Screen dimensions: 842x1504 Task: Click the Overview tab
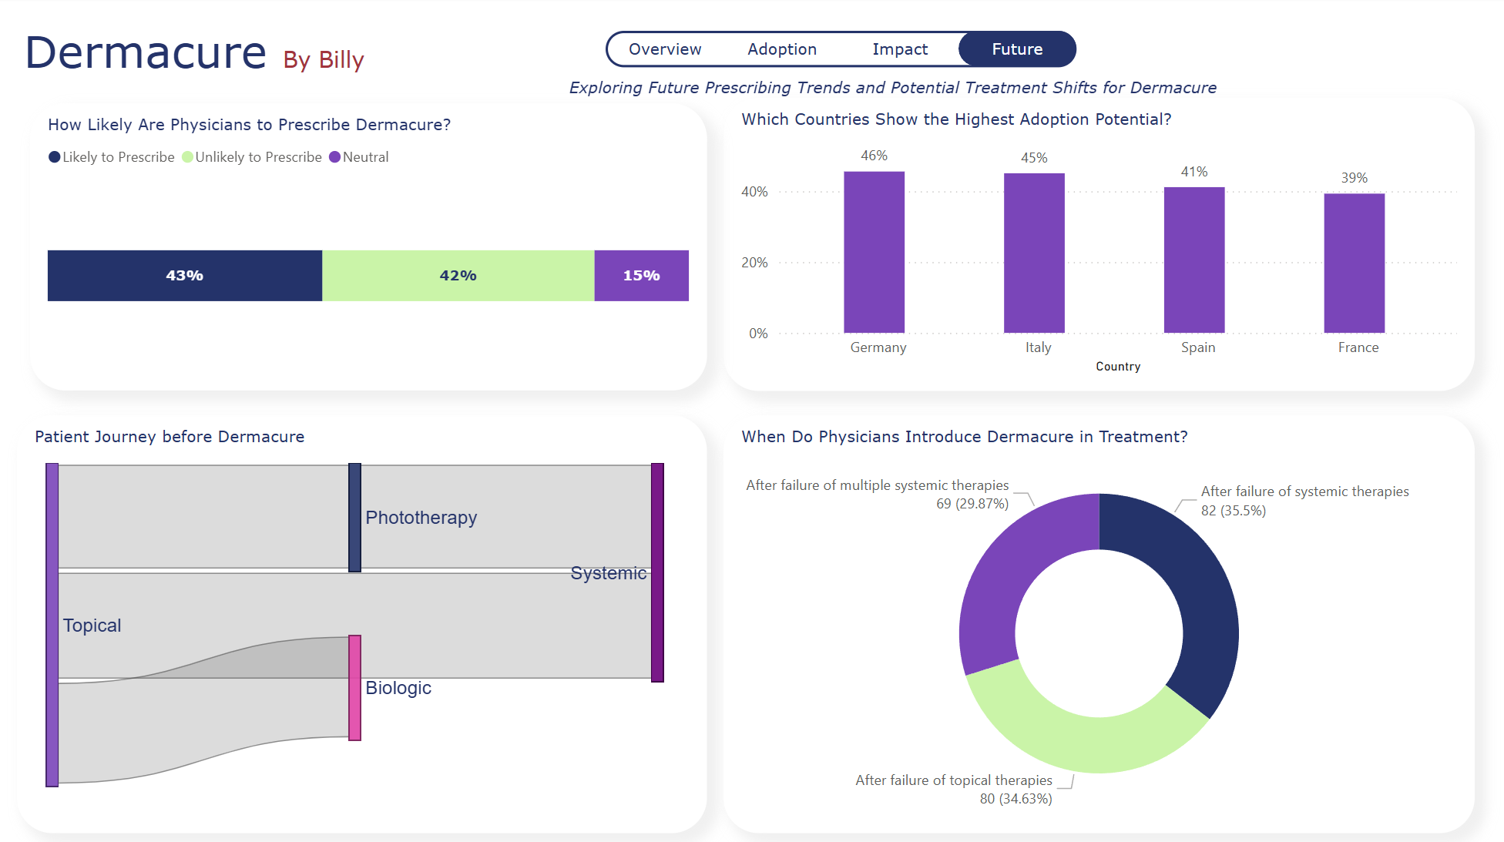pyautogui.click(x=664, y=49)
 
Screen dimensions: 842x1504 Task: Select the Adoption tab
pyautogui.click(x=781, y=49)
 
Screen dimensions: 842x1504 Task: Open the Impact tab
pyautogui.click(x=899, y=49)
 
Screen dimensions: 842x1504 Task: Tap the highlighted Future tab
pyautogui.click(x=1016, y=49)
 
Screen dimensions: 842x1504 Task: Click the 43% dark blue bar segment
pyautogui.click(x=184, y=276)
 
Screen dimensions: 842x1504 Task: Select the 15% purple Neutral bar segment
pyautogui.click(x=641, y=276)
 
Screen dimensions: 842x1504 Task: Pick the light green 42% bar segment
pyautogui.click(x=458, y=276)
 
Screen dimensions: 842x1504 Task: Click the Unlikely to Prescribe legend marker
pyautogui.click(x=187, y=157)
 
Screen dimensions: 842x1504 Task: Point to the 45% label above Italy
pyautogui.click(x=1034, y=158)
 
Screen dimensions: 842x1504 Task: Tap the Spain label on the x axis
pyautogui.click(x=1197, y=347)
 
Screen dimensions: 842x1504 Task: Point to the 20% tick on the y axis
pyautogui.click(x=754, y=263)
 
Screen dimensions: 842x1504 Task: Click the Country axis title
pyautogui.click(x=1117, y=367)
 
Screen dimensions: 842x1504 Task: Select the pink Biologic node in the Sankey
pyautogui.click(x=354, y=687)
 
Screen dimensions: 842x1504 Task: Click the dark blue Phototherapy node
pyautogui.click(x=354, y=517)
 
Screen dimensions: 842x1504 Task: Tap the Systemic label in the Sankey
pyautogui.click(x=608, y=573)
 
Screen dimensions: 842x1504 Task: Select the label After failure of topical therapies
pyautogui.click(x=953, y=780)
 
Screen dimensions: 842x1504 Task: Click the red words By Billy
pyautogui.click(x=323, y=59)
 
